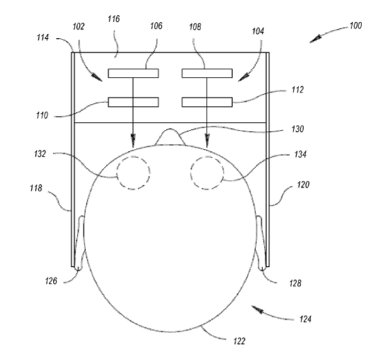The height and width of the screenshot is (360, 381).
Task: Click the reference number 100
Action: (356, 25)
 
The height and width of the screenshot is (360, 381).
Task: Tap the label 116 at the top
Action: (114, 19)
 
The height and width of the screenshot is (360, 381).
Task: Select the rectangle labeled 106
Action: (133, 73)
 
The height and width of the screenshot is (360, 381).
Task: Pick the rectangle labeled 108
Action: (207, 73)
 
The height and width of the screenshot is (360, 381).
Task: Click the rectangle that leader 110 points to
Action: (133, 102)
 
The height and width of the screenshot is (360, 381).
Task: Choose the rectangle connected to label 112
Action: (207, 102)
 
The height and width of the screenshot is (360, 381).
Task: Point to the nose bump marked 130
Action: (170, 129)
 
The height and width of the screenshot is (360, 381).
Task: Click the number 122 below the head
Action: (239, 341)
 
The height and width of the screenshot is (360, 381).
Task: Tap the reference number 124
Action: (306, 319)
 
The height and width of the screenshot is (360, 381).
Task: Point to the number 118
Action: (36, 188)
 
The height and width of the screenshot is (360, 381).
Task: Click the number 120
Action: (303, 184)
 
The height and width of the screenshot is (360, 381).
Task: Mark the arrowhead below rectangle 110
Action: (133, 140)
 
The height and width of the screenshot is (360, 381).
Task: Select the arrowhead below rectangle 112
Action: (207, 140)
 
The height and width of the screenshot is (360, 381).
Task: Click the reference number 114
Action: (43, 37)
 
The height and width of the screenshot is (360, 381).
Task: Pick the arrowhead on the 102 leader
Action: (97, 78)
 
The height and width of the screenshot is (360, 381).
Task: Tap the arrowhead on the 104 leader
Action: (243, 78)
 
